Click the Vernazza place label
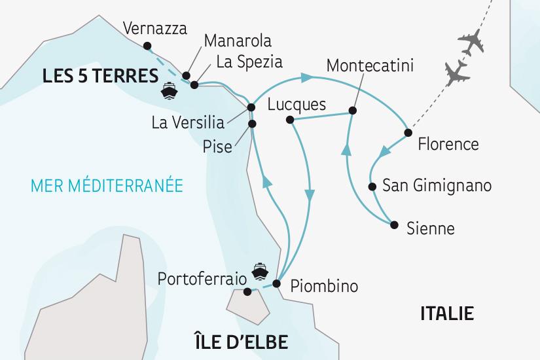pyautogui.click(x=154, y=29)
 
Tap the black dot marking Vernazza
pyautogui.click(x=145, y=45)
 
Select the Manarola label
pyautogui.click(x=238, y=41)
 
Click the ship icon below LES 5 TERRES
pyautogui.click(x=170, y=91)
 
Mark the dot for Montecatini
pyautogui.click(x=352, y=111)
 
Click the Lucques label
pyautogui.click(x=297, y=104)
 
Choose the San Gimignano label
pyautogui.click(x=436, y=187)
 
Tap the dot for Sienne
pyautogui.click(x=393, y=225)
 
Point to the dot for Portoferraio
pyautogui.click(x=247, y=292)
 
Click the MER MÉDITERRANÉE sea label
pyautogui.click(x=102, y=185)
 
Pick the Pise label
pyautogui.click(x=218, y=147)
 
